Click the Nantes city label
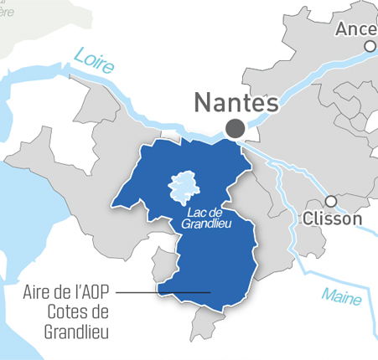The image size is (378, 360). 236,103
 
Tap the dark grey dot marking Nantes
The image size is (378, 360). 236,128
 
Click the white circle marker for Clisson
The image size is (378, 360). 331,201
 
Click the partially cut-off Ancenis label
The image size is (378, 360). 356,29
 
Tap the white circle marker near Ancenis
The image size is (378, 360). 370,48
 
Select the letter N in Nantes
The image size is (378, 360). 204,103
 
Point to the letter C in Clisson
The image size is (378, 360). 304,219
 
